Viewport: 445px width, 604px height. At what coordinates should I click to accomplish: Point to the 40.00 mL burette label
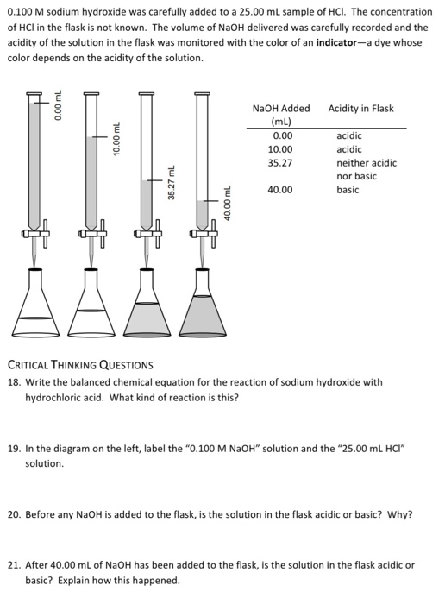[x=226, y=205]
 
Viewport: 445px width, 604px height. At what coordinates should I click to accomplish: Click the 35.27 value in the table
[x=280, y=162]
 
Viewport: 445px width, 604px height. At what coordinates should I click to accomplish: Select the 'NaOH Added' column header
[x=280, y=109]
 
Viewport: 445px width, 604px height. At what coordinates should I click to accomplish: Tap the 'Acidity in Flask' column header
[x=360, y=109]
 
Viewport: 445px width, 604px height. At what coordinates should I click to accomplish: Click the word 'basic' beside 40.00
[x=348, y=190]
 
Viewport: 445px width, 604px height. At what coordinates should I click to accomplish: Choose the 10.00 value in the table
[x=280, y=149]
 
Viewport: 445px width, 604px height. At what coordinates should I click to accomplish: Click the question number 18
[x=13, y=381]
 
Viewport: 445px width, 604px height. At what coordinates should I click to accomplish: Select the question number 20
[x=13, y=514]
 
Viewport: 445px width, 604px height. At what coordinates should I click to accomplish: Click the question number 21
[x=13, y=565]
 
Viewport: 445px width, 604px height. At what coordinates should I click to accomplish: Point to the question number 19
[x=13, y=449]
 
